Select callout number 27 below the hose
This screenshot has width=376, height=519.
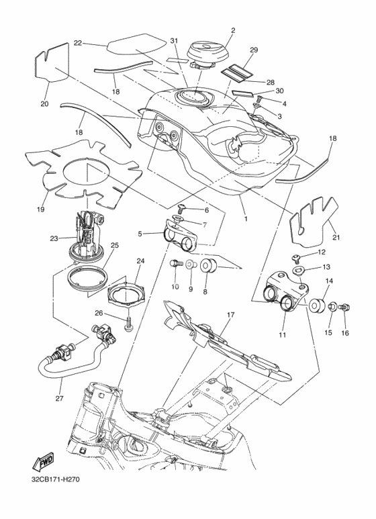coord(60,398)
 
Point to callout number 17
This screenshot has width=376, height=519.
coord(231,315)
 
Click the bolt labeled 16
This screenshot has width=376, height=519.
coord(344,308)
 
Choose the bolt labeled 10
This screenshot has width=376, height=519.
coord(175,264)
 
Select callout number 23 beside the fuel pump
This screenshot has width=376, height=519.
coord(54,238)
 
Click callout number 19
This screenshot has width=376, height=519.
coord(41,209)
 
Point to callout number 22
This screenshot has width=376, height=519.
coord(78,44)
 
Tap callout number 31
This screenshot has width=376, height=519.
coord(174,41)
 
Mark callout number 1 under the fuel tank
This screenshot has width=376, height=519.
coord(246,219)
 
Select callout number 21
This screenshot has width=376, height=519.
coord(336,237)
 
